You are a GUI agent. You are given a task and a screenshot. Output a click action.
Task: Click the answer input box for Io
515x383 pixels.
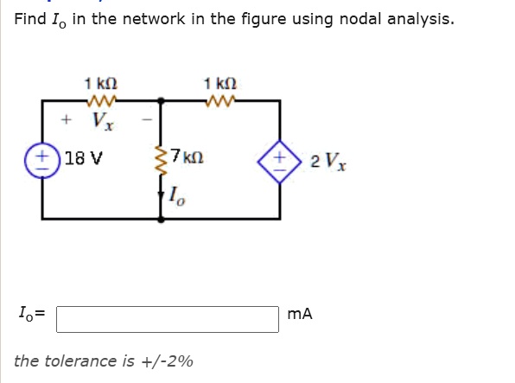click(168, 319)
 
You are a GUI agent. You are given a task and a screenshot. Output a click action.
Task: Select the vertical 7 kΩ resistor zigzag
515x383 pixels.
click(161, 159)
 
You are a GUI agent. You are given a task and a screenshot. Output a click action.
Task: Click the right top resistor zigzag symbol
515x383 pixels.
click(220, 99)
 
